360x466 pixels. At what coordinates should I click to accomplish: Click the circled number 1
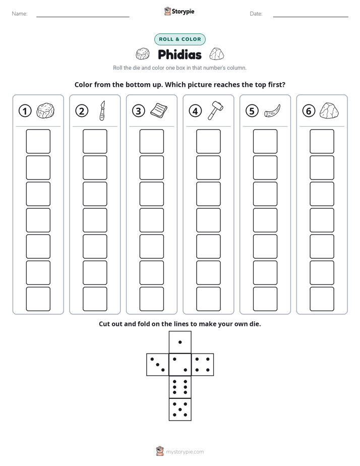(x=25, y=111)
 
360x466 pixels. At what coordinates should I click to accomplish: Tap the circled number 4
(x=195, y=111)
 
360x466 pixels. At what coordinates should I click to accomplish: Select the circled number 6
(x=309, y=111)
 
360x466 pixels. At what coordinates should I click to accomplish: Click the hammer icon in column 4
(x=216, y=110)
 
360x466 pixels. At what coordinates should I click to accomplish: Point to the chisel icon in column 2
(x=102, y=110)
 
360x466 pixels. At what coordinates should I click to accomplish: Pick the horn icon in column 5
(x=272, y=111)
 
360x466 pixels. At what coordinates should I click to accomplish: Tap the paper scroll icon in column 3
(x=159, y=111)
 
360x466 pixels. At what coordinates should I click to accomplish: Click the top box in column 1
(x=38, y=141)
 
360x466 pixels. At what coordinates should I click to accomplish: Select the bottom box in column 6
(x=322, y=299)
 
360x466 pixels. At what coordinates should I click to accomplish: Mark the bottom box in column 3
(x=151, y=299)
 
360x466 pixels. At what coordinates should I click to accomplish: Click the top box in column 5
(x=265, y=141)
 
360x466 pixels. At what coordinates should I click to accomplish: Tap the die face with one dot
(x=180, y=342)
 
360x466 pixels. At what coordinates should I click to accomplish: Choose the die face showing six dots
(x=180, y=387)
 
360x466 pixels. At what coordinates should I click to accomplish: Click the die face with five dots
(x=180, y=410)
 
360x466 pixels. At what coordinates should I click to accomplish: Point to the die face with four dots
(x=203, y=365)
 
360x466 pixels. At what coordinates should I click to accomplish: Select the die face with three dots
(x=158, y=365)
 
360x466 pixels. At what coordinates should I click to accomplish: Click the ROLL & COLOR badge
(x=180, y=39)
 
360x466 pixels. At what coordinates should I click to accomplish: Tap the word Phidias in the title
(x=179, y=54)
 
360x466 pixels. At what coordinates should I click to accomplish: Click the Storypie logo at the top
(x=179, y=11)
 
